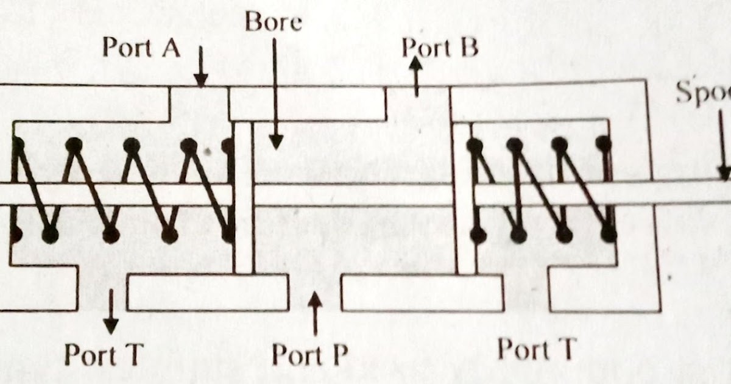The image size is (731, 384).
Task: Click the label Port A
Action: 141,47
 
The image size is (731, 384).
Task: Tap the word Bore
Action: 274,23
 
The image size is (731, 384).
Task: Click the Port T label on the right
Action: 536,350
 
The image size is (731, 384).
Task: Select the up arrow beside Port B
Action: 416,76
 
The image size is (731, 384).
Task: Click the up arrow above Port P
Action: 315,313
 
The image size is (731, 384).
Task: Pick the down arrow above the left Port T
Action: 110,311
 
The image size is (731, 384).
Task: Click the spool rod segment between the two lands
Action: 353,195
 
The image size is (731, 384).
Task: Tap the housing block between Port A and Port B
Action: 307,104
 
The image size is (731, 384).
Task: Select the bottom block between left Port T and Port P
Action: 208,293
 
